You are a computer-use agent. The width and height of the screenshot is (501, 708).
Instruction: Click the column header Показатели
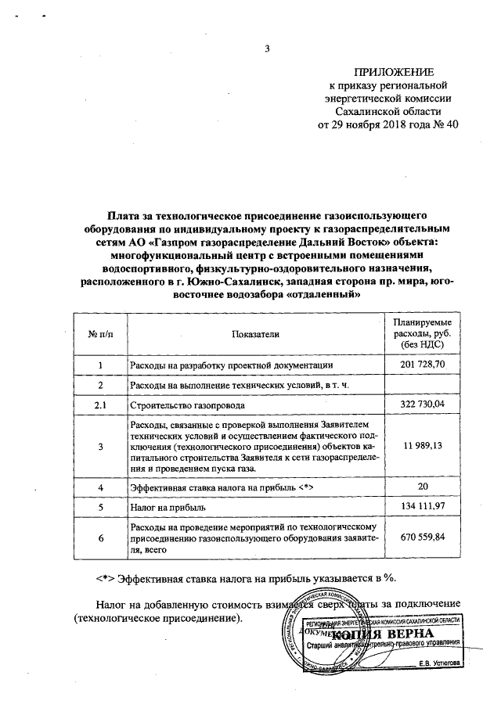point(255,335)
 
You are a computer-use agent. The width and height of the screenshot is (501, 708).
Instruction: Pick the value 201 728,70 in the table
point(423,365)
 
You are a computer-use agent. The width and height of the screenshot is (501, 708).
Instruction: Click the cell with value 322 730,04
point(423,405)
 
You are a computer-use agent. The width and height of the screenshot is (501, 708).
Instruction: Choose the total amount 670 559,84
point(423,539)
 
